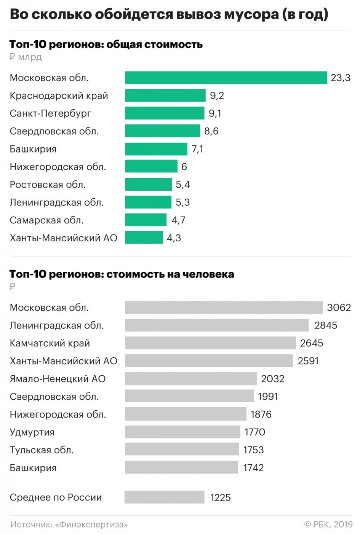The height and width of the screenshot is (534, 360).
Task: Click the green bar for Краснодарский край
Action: (165, 96)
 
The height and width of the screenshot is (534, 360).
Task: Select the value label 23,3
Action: (340, 78)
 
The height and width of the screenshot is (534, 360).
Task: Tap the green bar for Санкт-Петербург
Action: (165, 113)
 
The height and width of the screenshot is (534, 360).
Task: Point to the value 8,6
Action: (211, 131)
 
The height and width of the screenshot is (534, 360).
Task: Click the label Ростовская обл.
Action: (48, 185)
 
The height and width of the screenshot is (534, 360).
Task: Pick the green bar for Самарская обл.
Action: (146, 220)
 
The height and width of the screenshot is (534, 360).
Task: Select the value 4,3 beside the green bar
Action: (174, 238)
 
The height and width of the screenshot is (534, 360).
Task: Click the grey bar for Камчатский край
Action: (210, 343)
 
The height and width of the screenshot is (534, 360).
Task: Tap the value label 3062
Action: (339, 308)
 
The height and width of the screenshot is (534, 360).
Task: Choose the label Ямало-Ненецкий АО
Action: (58, 379)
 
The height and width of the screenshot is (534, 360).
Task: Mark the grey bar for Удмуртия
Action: (182, 432)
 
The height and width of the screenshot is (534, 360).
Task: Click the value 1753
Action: (253, 450)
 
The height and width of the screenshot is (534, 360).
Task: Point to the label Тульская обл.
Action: (42, 450)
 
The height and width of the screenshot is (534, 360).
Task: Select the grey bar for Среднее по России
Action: (164, 497)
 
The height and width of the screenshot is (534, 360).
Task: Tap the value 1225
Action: (220, 497)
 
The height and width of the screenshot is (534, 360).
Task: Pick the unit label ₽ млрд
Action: (26, 57)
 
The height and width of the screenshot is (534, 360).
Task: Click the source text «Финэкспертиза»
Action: (91, 524)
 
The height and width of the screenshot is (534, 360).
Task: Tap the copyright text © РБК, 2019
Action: (328, 524)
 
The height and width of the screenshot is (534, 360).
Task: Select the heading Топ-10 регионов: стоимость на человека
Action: (122, 274)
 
